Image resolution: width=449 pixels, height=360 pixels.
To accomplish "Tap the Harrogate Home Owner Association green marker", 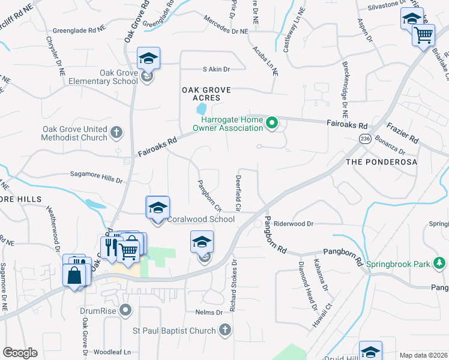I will [272, 124].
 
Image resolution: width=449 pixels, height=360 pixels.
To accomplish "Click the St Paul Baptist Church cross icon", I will [224, 330].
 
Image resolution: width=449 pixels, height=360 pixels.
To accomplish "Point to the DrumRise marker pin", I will [125, 310].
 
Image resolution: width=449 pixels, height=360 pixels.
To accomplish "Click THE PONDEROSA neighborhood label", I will [381, 163].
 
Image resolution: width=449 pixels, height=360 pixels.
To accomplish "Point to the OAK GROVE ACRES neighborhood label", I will [206, 94].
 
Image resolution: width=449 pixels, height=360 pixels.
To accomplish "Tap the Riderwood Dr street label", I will [294, 224].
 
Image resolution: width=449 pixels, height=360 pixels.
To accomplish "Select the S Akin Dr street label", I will [216, 69].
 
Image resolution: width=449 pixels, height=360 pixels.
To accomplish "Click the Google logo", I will [20, 353].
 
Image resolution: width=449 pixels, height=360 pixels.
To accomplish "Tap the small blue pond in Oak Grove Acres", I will [201, 109].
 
